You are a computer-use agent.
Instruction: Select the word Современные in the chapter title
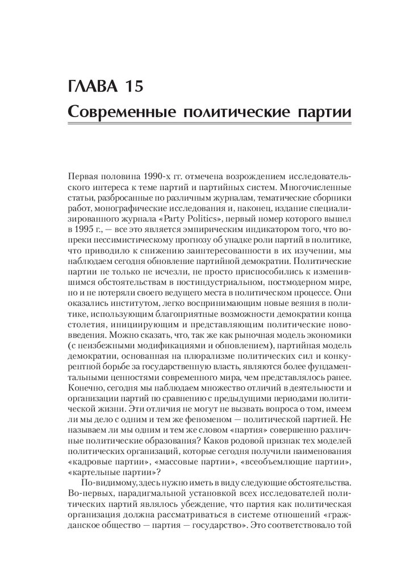coord(115,111)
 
